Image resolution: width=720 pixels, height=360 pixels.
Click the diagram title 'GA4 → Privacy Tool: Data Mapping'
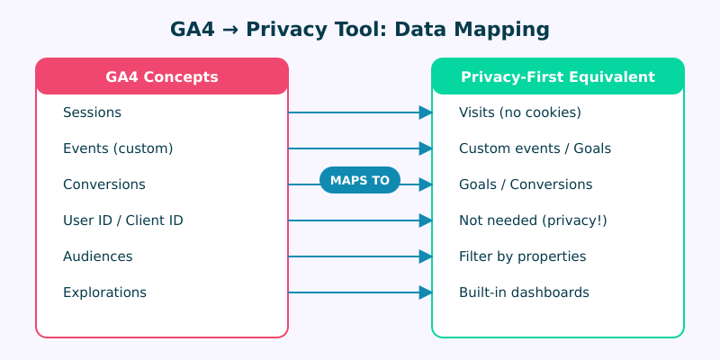tap(360, 30)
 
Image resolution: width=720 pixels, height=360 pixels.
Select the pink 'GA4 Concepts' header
tap(162, 76)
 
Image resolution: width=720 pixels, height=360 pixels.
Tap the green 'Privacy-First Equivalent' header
tap(558, 76)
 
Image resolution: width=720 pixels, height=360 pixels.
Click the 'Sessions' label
tap(92, 112)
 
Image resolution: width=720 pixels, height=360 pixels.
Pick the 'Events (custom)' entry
tap(118, 148)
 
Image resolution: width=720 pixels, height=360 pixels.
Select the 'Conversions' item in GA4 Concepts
tap(104, 184)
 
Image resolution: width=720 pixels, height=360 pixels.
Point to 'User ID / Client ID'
tap(123, 220)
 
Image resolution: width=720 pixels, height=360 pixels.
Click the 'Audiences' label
tap(98, 256)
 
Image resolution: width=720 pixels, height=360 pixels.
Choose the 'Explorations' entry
tap(104, 292)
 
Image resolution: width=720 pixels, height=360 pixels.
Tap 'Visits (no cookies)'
tap(520, 112)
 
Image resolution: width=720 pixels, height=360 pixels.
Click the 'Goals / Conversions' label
tap(526, 184)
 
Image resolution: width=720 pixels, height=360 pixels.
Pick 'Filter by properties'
tap(523, 256)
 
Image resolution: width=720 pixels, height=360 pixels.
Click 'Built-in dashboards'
tap(525, 292)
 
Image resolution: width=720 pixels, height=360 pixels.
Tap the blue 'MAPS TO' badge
tap(360, 180)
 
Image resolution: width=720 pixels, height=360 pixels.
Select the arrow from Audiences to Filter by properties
tap(360, 256)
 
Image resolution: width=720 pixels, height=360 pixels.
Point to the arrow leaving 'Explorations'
tap(360, 292)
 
